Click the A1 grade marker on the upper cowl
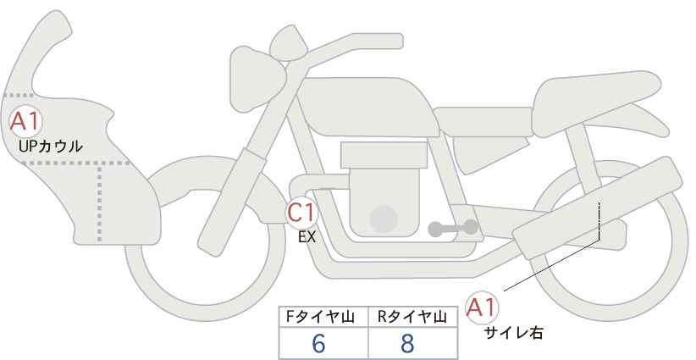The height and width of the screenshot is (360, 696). tap(25, 121)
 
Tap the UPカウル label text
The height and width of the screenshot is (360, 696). tap(51, 146)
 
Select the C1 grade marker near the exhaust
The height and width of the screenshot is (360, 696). tap(302, 212)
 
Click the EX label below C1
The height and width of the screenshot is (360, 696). tap(307, 237)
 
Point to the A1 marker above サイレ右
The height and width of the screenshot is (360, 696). tap(482, 307)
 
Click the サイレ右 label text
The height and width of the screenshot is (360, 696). tap(514, 333)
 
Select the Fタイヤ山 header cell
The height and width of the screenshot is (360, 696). tap(323, 317)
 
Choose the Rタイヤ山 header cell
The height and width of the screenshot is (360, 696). tap(413, 317)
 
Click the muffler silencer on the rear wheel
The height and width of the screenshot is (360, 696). tap(597, 208)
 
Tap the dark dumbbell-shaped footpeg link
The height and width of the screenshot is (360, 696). tap(453, 228)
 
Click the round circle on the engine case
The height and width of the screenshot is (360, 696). tap(384, 219)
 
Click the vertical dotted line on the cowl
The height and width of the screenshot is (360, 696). tap(99, 202)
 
